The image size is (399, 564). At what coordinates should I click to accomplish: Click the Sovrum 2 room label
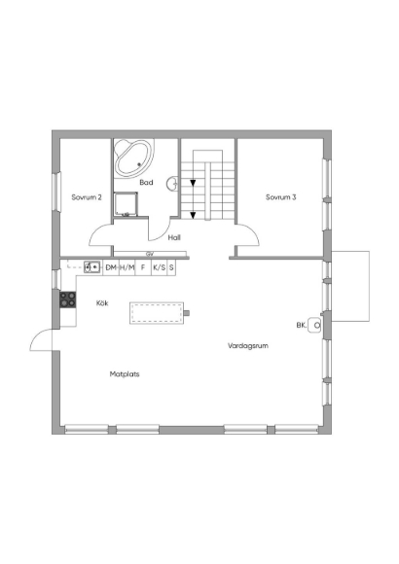pyautogui.click(x=87, y=197)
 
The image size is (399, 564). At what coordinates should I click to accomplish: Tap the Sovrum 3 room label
pyautogui.click(x=281, y=197)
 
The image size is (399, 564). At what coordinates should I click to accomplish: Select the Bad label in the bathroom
pyautogui.click(x=146, y=183)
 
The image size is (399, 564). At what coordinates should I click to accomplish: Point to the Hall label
pyautogui.click(x=174, y=237)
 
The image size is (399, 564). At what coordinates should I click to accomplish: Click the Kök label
pyautogui.click(x=102, y=302)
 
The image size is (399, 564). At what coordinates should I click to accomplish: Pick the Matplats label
pyautogui.click(x=125, y=374)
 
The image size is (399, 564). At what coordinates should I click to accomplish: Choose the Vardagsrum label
pyautogui.click(x=248, y=345)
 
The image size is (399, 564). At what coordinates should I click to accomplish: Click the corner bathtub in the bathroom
pyautogui.click(x=134, y=158)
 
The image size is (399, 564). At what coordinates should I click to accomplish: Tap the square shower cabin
pyautogui.click(x=126, y=204)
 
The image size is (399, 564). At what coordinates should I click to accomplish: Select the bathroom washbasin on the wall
pyautogui.click(x=172, y=184)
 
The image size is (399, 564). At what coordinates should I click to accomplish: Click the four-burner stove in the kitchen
pyautogui.click(x=68, y=300)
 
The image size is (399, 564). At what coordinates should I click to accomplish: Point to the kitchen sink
pyautogui.click(x=91, y=267)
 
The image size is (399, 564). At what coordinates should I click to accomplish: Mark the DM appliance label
pyautogui.click(x=111, y=267)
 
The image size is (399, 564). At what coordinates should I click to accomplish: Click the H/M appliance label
pyautogui.click(x=127, y=267)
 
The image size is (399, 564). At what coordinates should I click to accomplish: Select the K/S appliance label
pyautogui.click(x=160, y=267)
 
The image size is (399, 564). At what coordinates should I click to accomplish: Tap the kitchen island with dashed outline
pyautogui.click(x=157, y=313)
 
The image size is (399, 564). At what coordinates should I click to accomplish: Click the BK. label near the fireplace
pyautogui.click(x=302, y=325)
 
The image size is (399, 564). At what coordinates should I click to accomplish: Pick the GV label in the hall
pyautogui.click(x=150, y=254)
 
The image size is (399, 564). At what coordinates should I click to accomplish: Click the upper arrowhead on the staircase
pyautogui.click(x=193, y=183)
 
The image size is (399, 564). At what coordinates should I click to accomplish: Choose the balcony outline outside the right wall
pyautogui.click(x=369, y=286)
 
